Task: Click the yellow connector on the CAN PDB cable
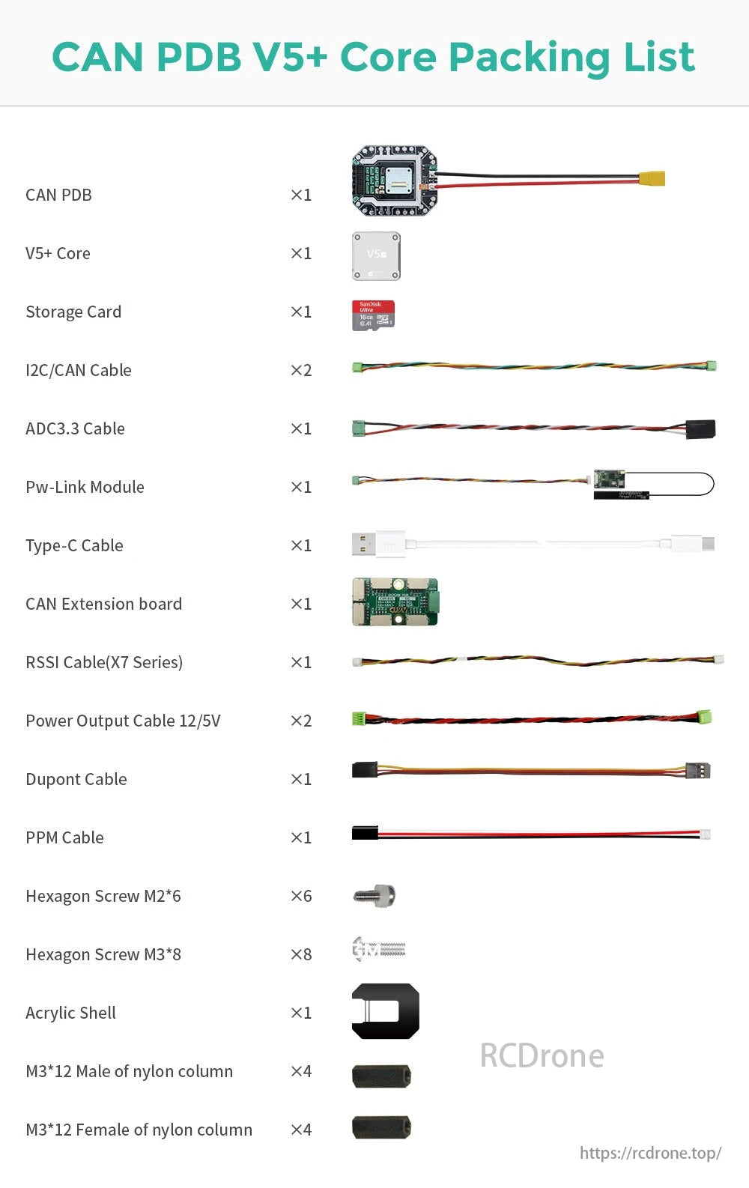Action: [x=652, y=179]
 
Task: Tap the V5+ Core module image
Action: [x=376, y=256]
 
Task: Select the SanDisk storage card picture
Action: [x=373, y=315]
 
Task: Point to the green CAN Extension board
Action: [x=395, y=601]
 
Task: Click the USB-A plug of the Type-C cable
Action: [x=365, y=545]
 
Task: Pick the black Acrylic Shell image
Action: [x=385, y=1011]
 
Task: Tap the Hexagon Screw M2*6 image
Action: [x=374, y=895]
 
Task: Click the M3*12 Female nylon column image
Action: [x=381, y=1127]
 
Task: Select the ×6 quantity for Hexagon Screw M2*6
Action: [x=301, y=896]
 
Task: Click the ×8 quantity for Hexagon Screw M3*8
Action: [x=301, y=954]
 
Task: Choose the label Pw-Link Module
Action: [x=85, y=487]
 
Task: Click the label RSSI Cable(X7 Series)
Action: [x=104, y=662]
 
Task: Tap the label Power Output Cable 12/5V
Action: [x=123, y=721]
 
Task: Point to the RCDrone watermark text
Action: [x=542, y=1055]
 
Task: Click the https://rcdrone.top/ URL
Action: [x=650, y=1153]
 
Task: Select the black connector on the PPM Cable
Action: [x=365, y=832]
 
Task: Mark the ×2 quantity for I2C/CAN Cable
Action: [x=301, y=370]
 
